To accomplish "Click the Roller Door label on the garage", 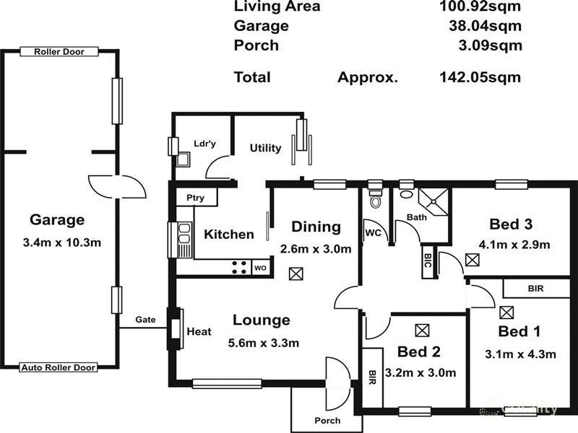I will pos(59,51).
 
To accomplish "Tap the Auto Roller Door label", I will pos(59,367).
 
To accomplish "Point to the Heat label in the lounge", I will pos(199,332).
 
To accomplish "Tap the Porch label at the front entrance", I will pos(327,421).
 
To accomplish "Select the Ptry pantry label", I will pos(195,198).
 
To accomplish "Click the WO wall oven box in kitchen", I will pos(260,268).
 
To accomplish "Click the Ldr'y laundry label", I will pos(204,144).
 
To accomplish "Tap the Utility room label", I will pos(265,148).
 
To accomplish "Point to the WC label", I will pos(373,233).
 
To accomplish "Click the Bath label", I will pos(417,216).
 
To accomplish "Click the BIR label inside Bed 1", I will pos(535,288).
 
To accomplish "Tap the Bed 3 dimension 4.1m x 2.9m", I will pos(514,245).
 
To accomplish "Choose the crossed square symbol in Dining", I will pos(295,274).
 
